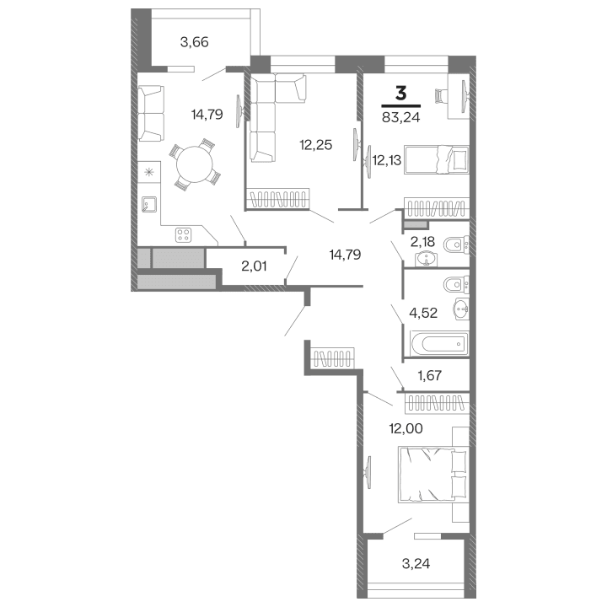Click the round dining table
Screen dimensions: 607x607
click(194, 164)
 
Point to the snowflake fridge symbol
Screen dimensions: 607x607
click(150, 173)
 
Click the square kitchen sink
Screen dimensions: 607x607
click(151, 203)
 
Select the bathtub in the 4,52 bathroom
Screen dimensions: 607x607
click(437, 342)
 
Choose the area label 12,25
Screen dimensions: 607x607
click(315, 144)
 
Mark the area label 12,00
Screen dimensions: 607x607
click(406, 427)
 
